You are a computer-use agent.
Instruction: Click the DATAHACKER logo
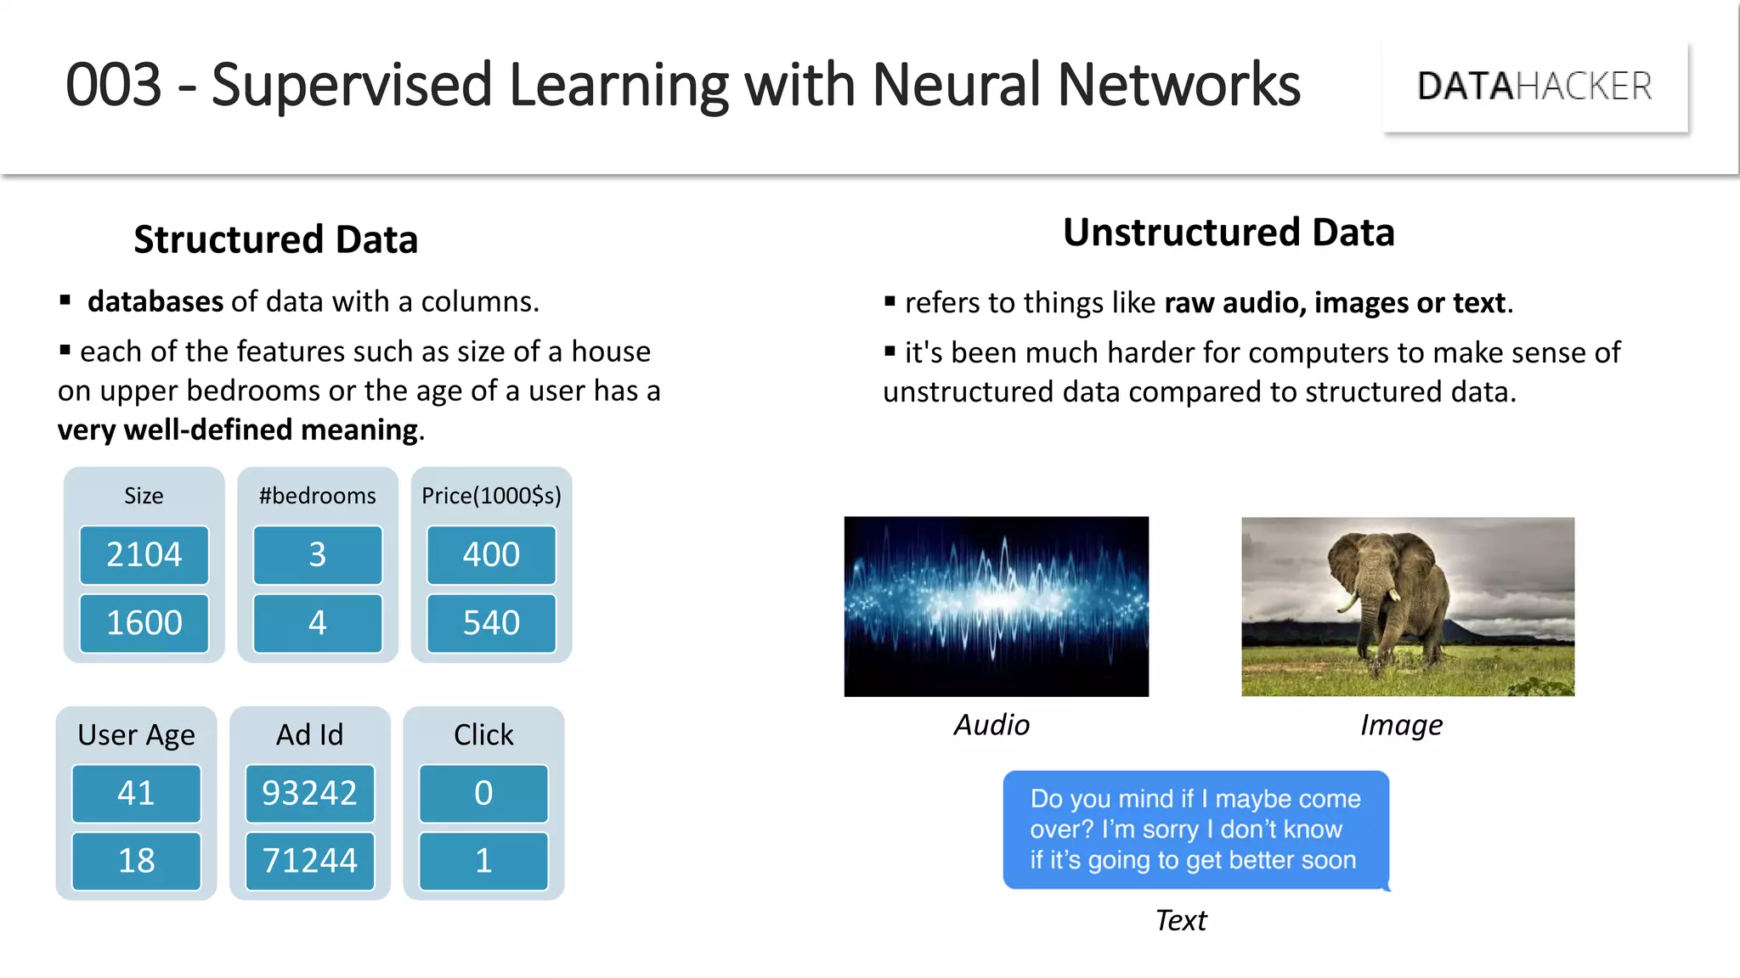(x=1534, y=87)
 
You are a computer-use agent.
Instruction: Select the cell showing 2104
(x=144, y=555)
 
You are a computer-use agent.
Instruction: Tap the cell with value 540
(x=491, y=623)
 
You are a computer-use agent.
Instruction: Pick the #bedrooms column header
(x=317, y=496)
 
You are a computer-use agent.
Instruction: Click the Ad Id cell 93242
(x=309, y=793)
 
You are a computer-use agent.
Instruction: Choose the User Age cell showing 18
(x=136, y=861)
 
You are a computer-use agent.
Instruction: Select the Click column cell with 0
(x=483, y=793)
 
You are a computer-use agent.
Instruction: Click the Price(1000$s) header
(x=491, y=496)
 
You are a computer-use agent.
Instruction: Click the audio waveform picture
(x=996, y=606)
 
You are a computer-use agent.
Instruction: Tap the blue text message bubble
(x=1195, y=829)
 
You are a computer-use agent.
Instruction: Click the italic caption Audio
(x=991, y=725)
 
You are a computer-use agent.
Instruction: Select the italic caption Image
(x=1401, y=725)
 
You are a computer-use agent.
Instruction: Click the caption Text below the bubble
(x=1180, y=920)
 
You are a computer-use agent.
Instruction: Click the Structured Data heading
(x=275, y=239)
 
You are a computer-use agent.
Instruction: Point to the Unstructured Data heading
(x=1229, y=233)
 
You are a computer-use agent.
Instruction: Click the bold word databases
(x=155, y=301)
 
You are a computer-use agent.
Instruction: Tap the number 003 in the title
(x=113, y=85)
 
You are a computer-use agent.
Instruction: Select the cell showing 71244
(x=309, y=861)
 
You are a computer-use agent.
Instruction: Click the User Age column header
(x=136, y=734)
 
